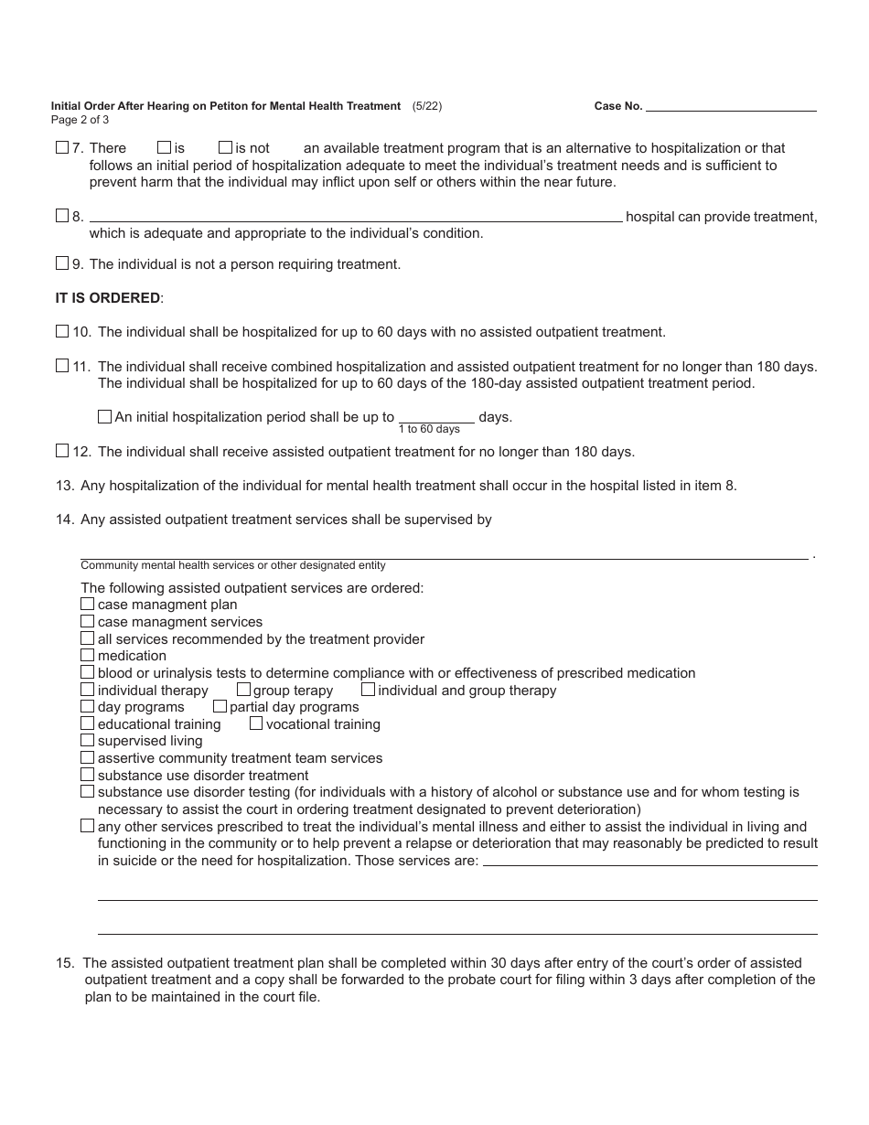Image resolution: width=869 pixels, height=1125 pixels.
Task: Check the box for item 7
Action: point(62,147)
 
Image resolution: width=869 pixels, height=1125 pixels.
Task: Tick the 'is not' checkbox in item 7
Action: point(225,147)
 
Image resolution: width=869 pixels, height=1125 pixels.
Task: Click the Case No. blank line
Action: point(731,106)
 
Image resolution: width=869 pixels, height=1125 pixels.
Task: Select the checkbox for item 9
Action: point(62,263)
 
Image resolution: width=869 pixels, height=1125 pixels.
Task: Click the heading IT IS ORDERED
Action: point(109,298)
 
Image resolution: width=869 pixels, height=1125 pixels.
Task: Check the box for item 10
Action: point(62,331)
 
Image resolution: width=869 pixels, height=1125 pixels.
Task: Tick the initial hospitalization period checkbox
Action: point(104,416)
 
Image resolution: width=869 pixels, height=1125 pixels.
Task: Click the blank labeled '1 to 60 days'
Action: point(436,416)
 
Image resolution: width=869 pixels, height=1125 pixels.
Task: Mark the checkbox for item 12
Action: point(62,450)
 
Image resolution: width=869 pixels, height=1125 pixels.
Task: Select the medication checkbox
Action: point(88,655)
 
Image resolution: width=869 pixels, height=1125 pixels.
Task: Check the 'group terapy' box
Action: point(243,690)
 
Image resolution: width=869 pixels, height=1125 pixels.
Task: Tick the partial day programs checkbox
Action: point(220,706)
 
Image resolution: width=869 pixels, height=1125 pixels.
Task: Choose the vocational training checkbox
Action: point(256,723)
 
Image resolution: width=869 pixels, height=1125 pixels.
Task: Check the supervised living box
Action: point(88,740)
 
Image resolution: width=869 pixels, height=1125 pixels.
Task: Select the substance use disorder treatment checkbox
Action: point(88,775)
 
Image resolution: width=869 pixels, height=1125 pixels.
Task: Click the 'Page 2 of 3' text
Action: point(80,119)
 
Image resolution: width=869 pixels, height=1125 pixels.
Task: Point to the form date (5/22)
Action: point(427,106)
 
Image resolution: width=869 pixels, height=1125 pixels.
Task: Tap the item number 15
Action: point(65,962)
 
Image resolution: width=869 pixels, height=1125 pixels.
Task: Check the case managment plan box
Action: point(88,604)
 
